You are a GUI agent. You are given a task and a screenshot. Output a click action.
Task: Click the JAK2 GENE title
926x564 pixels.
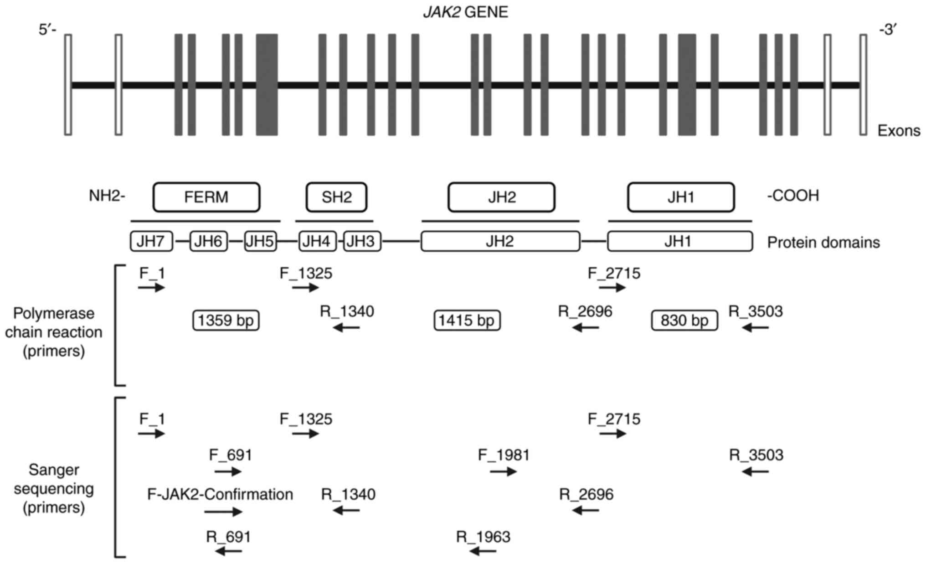coord(466,12)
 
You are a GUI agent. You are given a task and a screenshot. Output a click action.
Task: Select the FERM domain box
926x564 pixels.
coord(206,197)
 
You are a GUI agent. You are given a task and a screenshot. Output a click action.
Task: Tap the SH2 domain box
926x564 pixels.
coord(336,197)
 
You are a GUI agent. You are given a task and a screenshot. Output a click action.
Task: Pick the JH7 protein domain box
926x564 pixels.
coord(151,241)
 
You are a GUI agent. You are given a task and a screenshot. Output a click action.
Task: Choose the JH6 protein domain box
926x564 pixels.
coord(208,241)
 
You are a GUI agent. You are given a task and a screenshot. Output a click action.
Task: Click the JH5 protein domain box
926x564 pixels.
coord(260,241)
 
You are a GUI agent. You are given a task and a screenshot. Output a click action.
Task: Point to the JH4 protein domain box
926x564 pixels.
coord(317,241)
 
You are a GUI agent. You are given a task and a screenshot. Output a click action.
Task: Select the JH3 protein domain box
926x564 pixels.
coord(362,241)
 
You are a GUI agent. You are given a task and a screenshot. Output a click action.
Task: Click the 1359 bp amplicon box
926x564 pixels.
coord(226,321)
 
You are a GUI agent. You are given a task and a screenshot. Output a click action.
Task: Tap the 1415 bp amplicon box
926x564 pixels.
coord(467,321)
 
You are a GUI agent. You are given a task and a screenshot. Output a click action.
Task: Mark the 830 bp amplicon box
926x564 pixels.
coord(684,321)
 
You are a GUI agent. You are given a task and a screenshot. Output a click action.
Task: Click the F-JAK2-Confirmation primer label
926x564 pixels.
coord(220,494)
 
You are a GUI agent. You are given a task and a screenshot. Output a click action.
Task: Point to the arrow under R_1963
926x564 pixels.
coord(483,552)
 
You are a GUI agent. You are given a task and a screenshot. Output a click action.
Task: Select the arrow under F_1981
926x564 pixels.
coord(503,471)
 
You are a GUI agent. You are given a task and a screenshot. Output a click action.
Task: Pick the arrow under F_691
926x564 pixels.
coord(228,471)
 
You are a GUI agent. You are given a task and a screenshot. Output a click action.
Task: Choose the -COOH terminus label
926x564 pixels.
coord(793,196)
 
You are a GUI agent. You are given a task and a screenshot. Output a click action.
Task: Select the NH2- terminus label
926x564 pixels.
coord(107,196)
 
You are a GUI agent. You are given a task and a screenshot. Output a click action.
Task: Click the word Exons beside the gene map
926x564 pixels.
coord(899,131)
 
